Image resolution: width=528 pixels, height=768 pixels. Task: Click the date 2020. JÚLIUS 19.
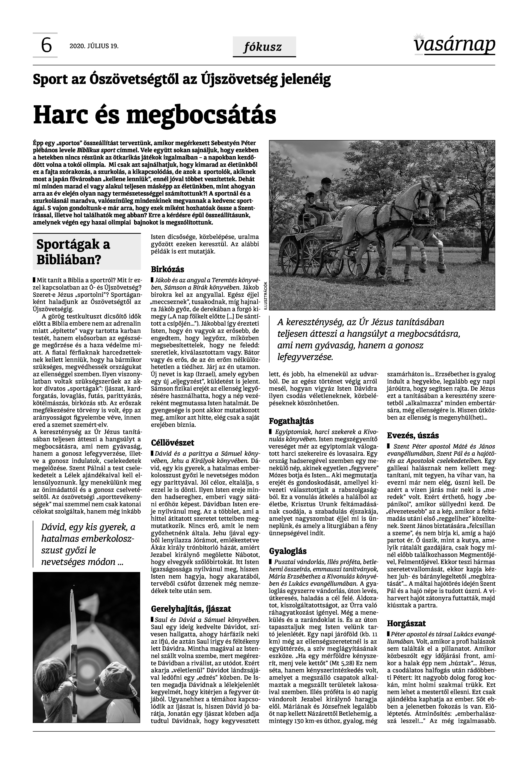94,46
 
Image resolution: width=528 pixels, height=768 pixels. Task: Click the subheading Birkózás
167,269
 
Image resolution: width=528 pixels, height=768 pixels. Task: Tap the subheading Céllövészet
172,443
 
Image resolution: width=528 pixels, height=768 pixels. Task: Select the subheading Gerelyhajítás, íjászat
191,609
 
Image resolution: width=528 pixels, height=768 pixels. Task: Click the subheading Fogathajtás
291,421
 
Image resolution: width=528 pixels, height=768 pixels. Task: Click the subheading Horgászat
406,623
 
